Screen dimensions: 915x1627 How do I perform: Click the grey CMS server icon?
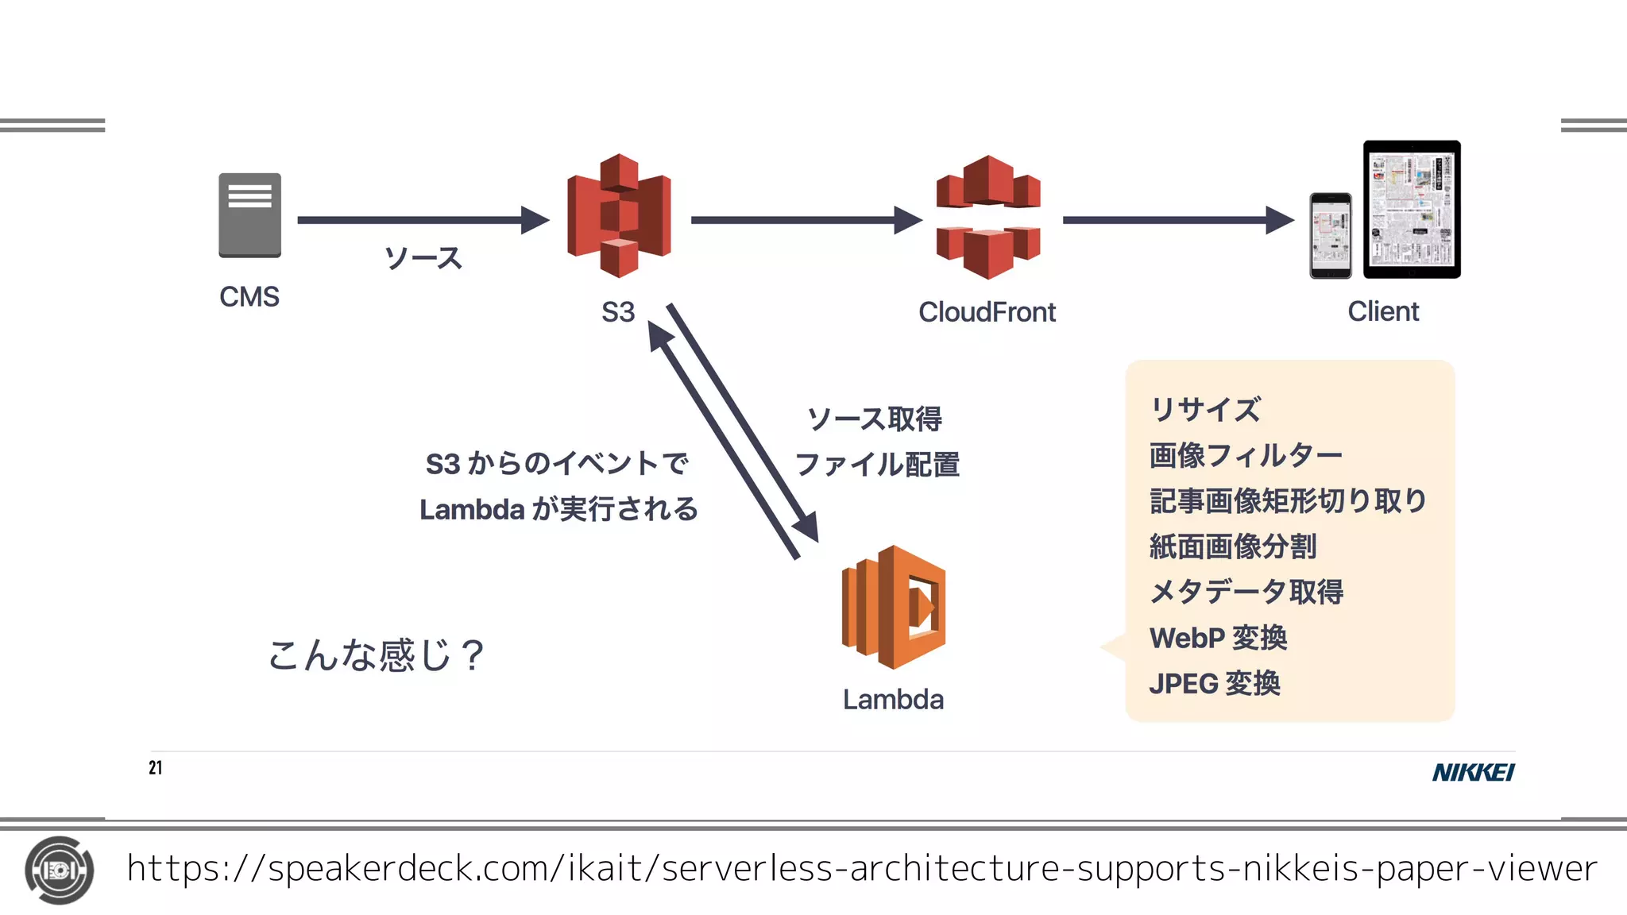(249, 215)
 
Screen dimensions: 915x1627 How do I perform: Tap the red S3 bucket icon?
(619, 215)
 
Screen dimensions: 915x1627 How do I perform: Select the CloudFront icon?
(988, 217)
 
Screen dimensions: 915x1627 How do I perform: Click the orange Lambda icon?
(894, 607)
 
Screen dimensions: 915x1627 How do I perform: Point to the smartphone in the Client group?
(1330, 236)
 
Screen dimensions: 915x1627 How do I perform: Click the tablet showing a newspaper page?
(1412, 210)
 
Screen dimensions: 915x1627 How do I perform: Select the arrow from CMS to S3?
(422, 220)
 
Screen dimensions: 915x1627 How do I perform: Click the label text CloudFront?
(987, 312)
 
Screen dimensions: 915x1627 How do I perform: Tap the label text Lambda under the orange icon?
(893, 700)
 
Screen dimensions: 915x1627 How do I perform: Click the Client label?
(1382, 311)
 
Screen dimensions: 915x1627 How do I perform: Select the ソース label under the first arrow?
(423, 258)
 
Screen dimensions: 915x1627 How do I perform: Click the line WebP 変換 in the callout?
(1217, 638)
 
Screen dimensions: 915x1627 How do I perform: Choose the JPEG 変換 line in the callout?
(1214, 683)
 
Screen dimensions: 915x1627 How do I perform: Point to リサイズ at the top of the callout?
(1204, 410)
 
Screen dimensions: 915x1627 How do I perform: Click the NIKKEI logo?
(1473, 772)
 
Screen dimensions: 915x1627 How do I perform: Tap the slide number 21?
(156, 767)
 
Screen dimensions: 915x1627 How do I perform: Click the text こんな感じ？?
(375, 655)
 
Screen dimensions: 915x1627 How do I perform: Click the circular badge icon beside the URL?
(59, 871)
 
